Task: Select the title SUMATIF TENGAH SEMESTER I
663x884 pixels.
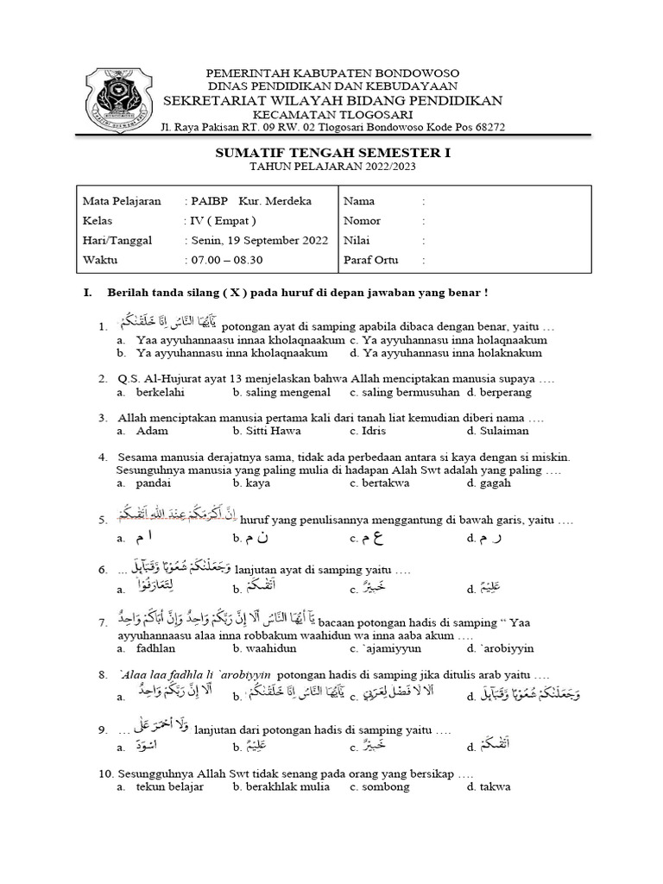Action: pyautogui.click(x=332, y=152)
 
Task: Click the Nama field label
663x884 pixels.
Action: pyautogui.click(x=359, y=201)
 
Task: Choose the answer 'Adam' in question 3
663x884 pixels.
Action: pyautogui.click(x=152, y=431)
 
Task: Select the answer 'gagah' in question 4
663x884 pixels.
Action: pyautogui.click(x=495, y=483)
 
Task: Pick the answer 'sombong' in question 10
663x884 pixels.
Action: pyautogui.click(x=389, y=786)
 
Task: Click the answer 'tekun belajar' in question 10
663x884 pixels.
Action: pyautogui.click(x=170, y=786)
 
